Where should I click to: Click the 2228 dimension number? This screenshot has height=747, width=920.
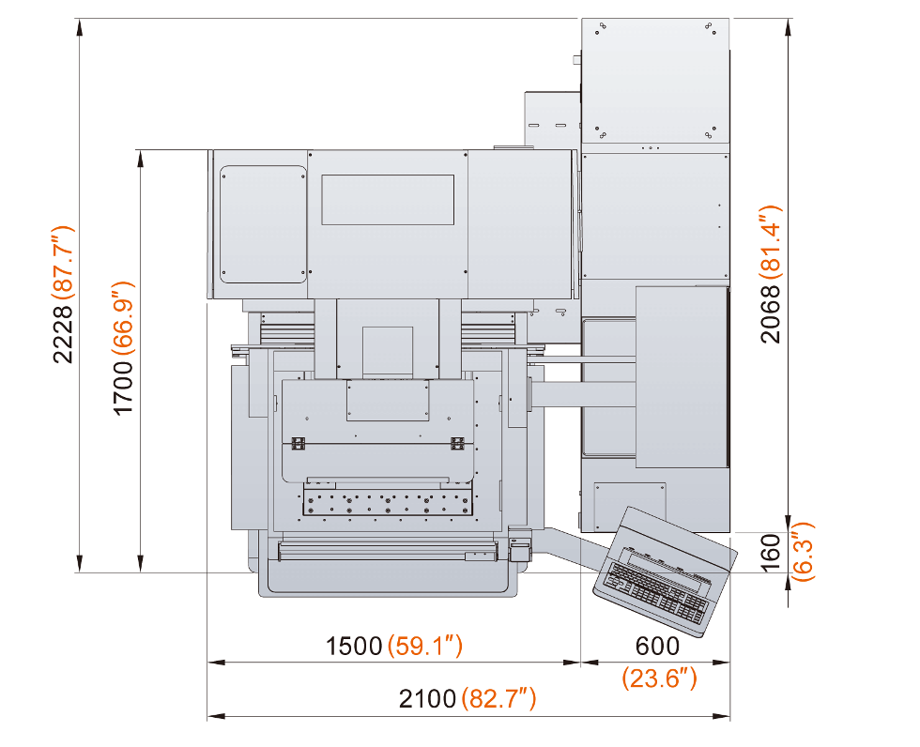(x=63, y=334)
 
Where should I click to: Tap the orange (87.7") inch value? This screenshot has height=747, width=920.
(x=63, y=264)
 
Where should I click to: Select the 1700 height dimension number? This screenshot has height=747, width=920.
(x=123, y=388)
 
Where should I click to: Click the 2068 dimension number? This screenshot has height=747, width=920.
(x=771, y=313)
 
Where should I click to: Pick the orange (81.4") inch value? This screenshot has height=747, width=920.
(x=771, y=242)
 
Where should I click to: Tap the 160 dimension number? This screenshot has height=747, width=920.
(x=770, y=552)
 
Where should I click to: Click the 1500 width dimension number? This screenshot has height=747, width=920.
(x=354, y=647)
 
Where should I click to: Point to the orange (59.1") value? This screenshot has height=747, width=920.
(x=425, y=646)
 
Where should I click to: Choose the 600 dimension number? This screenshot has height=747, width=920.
(x=657, y=647)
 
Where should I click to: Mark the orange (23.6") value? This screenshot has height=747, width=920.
(x=659, y=678)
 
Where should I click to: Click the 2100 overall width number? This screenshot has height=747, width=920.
(x=427, y=699)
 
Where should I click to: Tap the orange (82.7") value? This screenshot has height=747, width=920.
(x=498, y=698)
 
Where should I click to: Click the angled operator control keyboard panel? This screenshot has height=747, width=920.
(x=665, y=572)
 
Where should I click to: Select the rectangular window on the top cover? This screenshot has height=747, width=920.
(x=388, y=199)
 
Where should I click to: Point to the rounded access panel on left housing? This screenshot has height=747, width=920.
(x=264, y=224)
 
